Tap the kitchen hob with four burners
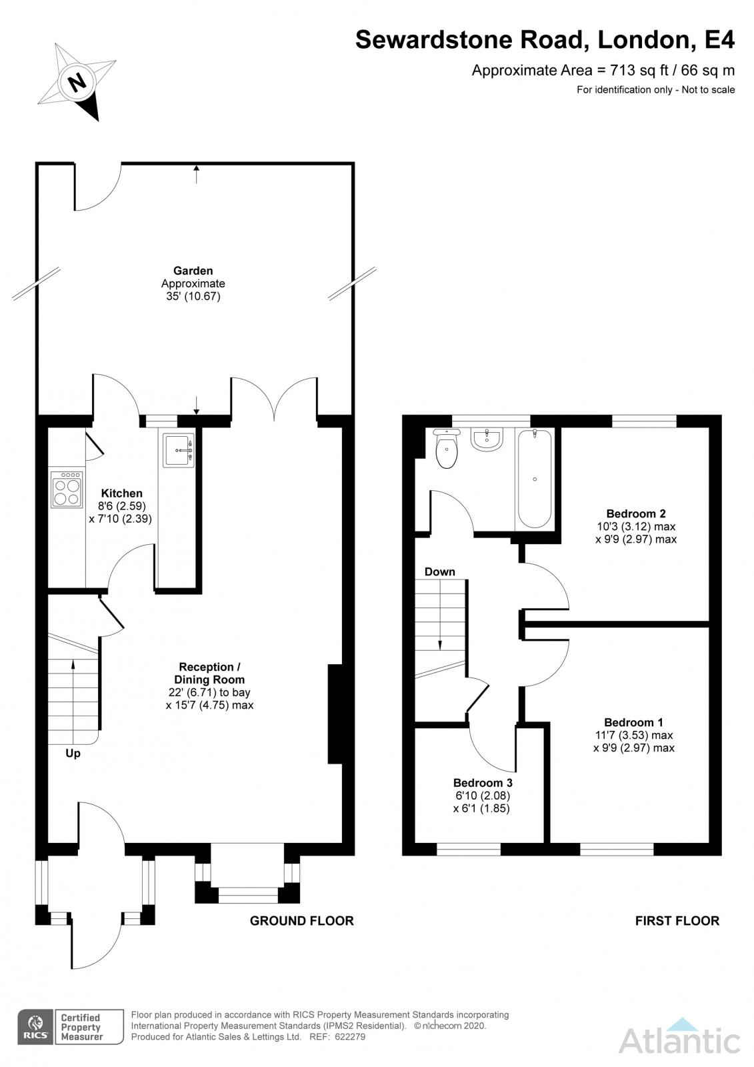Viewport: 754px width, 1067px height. pyautogui.click(x=67, y=489)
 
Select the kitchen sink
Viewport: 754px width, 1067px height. pyautogui.click(x=179, y=449)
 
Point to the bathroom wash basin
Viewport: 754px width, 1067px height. pyautogui.click(x=487, y=439)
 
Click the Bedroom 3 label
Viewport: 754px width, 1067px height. pyautogui.click(x=483, y=783)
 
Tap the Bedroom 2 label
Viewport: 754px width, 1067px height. pyautogui.click(x=635, y=513)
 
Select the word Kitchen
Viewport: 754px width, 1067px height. pyautogui.click(x=121, y=493)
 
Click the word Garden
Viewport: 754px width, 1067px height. pyautogui.click(x=193, y=271)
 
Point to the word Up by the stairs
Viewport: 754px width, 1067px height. pyautogui.click(x=73, y=754)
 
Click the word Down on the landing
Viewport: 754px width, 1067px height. pyautogui.click(x=439, y=572)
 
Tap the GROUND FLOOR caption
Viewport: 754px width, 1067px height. pyautogui.click(x=302, y=921)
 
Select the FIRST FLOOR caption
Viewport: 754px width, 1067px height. pyautogui.click(x=677, y=921)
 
